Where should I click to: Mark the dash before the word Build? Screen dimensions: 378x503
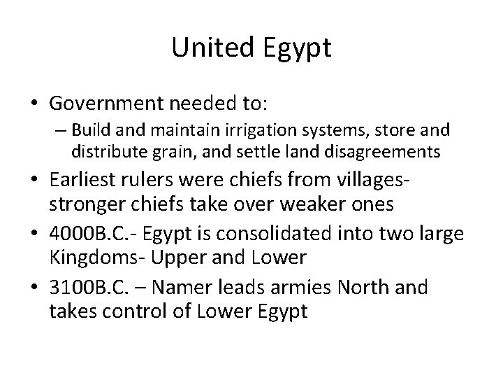[61, 131]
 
